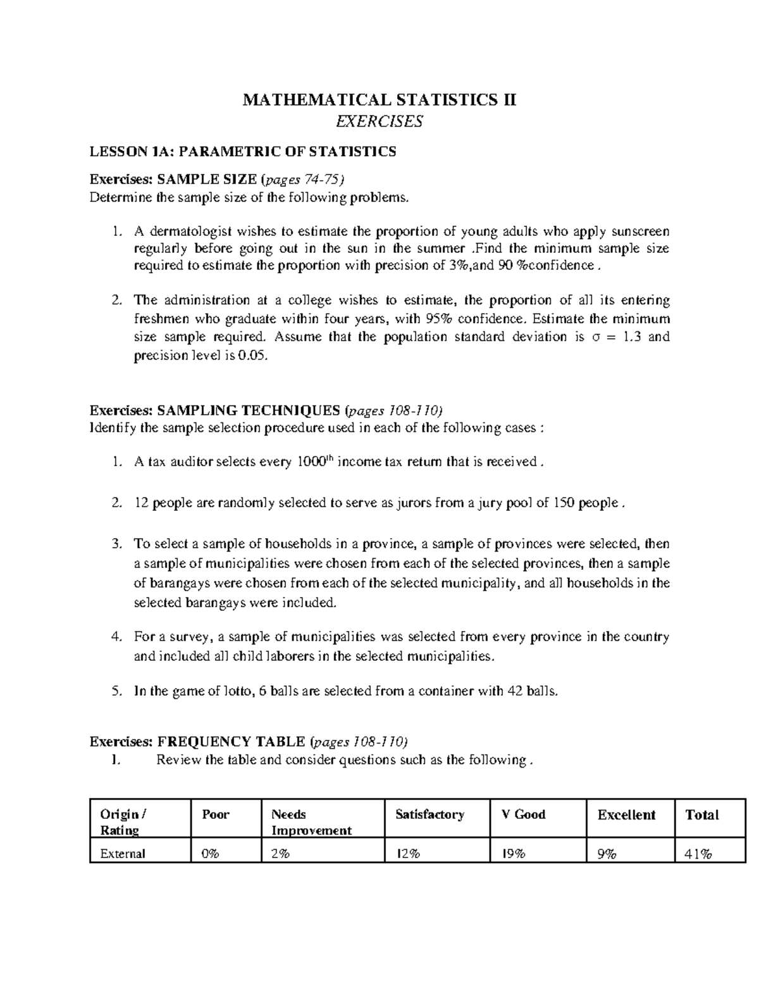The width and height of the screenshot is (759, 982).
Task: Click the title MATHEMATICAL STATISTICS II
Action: click(x=379, y=100)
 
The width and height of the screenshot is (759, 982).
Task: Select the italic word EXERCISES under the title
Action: click(x=379, y=121)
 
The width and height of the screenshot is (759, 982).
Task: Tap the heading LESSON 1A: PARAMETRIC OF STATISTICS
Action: click(x=243, y=151)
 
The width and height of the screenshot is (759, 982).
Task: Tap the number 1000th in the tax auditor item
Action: click(x=314, y=462)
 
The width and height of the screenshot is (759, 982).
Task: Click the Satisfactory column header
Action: click(x=429, y=814)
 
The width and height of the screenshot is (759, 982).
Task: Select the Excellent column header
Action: click(x=626, y=814)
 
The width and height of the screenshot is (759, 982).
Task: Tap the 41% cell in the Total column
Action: click(x=698, y=853)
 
